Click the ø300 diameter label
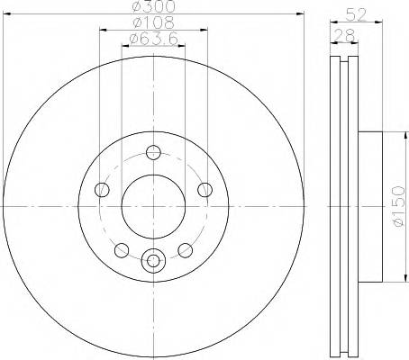pyautogui.click(x=153, y=7)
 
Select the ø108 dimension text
pyautogui.click(x=153, y=22)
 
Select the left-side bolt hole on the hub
pyautogui.click(x=102, y=189)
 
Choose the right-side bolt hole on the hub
pyautogui.click(x=205, y=189)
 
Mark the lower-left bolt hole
pyautogui.click(x=122, y=249)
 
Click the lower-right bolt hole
pyautogui.click(x=185, y=249)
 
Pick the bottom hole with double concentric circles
pyautogui.click(x=153, y=261)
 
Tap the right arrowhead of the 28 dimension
pyautogui.click(x=359, y=44)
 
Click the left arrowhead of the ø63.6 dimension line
pyautogui.click(x=124, y=46)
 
